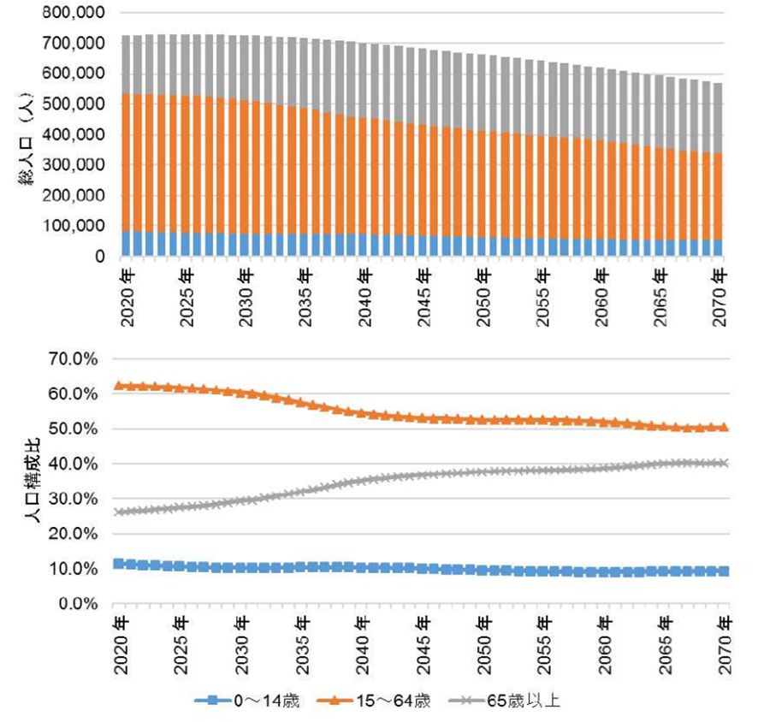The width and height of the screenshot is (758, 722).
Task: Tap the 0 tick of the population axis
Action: pyautogui.click(x=99, y=257)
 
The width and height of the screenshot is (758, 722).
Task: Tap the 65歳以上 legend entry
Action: pyautogui.click(x=514, y=701)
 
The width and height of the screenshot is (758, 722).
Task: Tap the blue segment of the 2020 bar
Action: pyautogui.click(x=127, y=244)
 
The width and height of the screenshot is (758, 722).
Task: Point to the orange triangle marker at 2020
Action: pyautogui.click(x=120, y=386)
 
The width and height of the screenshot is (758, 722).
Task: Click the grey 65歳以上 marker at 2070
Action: pyautogui.click(x=725, y=463)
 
